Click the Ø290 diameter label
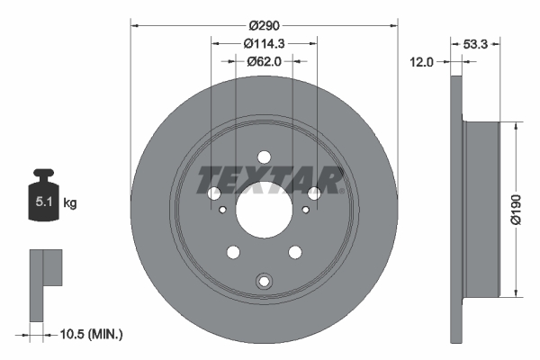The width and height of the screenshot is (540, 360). coord(265,24)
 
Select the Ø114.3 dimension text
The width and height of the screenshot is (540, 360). coord(264,43)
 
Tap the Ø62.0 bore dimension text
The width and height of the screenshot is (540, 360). coord(264,61)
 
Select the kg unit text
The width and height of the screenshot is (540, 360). coord(70,203)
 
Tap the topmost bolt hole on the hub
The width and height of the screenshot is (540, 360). coord(264,156)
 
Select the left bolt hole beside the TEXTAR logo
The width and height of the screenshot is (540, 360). coord(214,193)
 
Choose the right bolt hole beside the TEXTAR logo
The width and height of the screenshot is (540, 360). coord(314,193)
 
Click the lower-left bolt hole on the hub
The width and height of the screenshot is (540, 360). coord(233,252)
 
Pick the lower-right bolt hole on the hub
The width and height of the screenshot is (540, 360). coord(295,252)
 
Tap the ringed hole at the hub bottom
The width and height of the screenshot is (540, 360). coord(264,281)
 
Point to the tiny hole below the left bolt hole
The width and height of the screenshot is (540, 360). coord(222,211)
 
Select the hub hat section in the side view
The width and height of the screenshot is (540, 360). coord(481,208)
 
